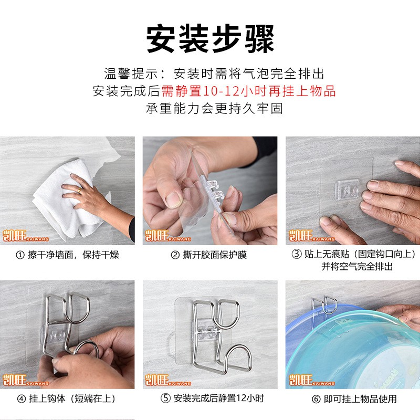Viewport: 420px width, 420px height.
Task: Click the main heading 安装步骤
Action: click(211, 38)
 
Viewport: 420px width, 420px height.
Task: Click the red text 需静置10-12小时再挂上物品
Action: click(248, 91)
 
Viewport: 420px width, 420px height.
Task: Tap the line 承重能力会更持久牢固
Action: click(214, 109)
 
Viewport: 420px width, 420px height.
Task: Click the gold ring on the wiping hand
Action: click(79, 191)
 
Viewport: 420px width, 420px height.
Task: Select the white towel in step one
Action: click(67, 198)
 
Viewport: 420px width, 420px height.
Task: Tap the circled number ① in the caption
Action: click(20, 255)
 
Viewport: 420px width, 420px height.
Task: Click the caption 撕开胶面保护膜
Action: click(215, 255)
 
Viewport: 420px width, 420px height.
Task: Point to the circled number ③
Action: click(297, 254)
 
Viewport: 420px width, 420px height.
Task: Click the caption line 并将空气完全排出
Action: click(357, 267)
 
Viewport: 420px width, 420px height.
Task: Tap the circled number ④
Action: click(22, 399)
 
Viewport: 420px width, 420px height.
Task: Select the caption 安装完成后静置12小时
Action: click(219, 398)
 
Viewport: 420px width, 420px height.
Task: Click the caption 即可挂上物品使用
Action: click(360, 399)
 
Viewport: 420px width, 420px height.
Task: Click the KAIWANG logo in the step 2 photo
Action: click(167, 236)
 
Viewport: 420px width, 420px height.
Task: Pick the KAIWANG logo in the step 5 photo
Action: click(167, 380)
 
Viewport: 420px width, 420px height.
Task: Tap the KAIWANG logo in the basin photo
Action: click(311, 380)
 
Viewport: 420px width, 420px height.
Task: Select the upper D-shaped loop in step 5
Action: click(228, 313)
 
